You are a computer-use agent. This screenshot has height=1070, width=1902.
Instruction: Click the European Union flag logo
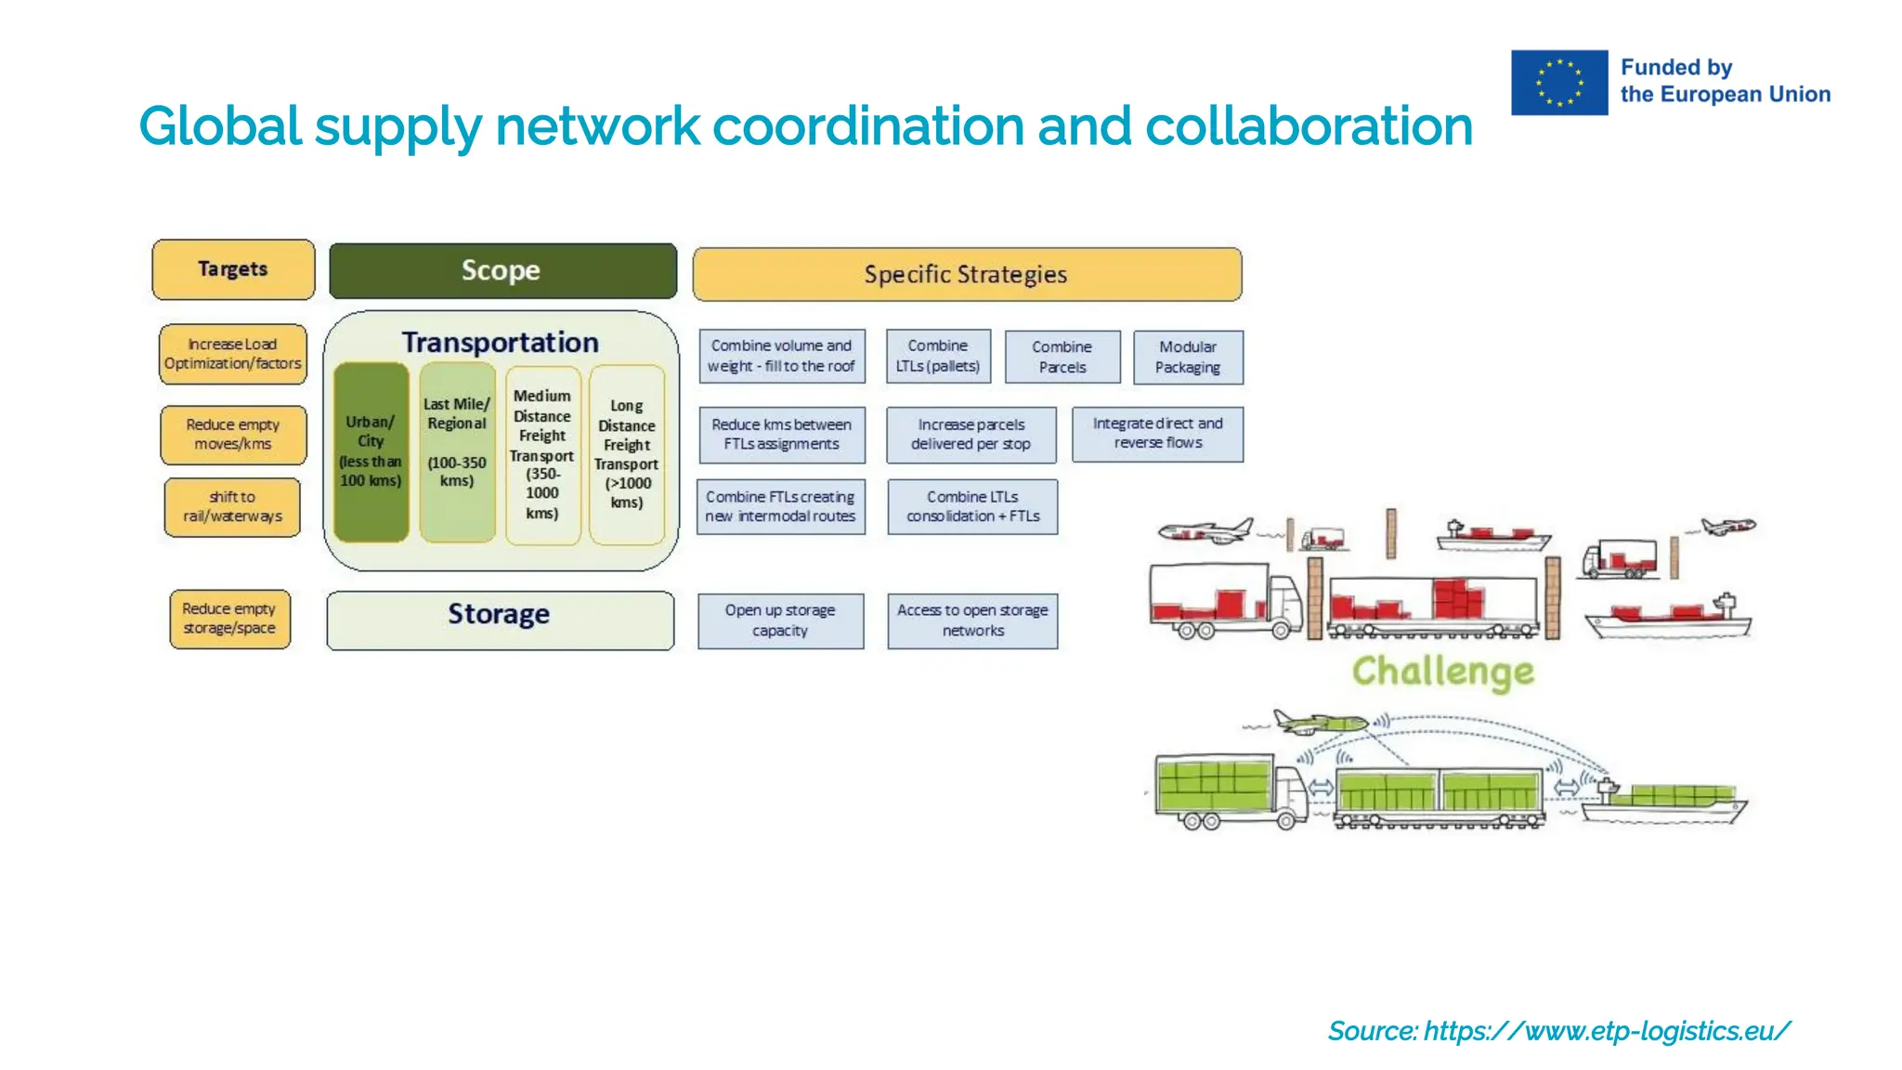[x=1558, y=83]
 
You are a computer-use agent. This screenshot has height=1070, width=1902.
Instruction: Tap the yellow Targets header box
[x=233, y=269]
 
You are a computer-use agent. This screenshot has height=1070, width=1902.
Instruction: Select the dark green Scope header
[x=502, y=270]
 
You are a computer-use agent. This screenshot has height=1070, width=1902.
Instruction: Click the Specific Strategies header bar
[x=966, y=274]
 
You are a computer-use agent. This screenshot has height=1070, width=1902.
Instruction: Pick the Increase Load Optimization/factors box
[x=232, y=354]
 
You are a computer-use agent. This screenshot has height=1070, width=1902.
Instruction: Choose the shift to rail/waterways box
[x=232, y=507]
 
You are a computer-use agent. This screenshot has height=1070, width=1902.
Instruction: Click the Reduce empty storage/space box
[x=229, y=619]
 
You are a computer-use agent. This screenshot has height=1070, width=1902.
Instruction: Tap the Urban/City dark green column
[x=371, y=452]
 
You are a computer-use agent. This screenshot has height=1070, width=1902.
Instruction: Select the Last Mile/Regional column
[x=456, y=452]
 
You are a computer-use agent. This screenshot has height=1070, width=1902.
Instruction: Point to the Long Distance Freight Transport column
[x=627, y=454]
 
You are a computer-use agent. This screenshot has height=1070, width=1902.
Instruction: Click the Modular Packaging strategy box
[x=1188, y=358]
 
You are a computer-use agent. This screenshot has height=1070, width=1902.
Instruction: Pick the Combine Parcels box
[x=1062, y=358]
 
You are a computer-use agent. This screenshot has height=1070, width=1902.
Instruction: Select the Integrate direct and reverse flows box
[x=1157, y=434]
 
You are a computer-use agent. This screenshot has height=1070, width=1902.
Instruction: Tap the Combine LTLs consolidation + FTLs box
[x=972, y=506]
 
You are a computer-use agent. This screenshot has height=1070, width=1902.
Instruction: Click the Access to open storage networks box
[x=972, y=620]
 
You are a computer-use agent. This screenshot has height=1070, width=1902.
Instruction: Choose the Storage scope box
[x=500, y=620]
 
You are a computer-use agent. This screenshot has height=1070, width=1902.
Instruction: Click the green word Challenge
[x=1442, y=672]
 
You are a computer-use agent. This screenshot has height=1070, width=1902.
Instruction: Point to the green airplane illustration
[x=1320, y=721]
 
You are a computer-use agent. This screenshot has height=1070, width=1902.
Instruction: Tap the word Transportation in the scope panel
[x=500, y=343]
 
